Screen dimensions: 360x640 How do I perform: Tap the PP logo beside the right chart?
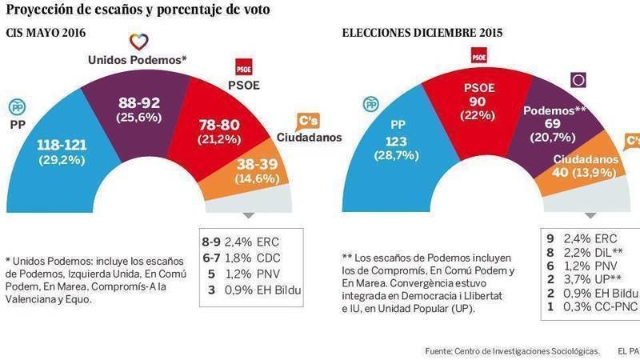(370, 104)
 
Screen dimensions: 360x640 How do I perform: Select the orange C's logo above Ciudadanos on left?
(310, 121)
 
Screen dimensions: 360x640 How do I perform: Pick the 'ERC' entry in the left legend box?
(269, 238)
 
